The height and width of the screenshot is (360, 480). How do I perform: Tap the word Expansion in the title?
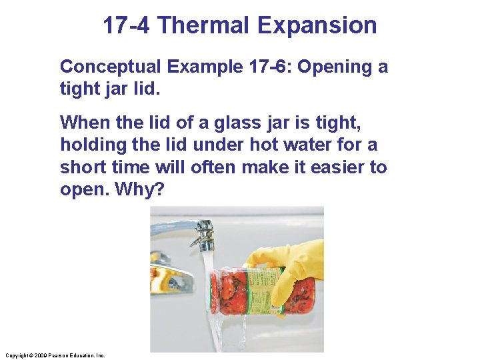[317, 26]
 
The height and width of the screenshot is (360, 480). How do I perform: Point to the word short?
[83, 167]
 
